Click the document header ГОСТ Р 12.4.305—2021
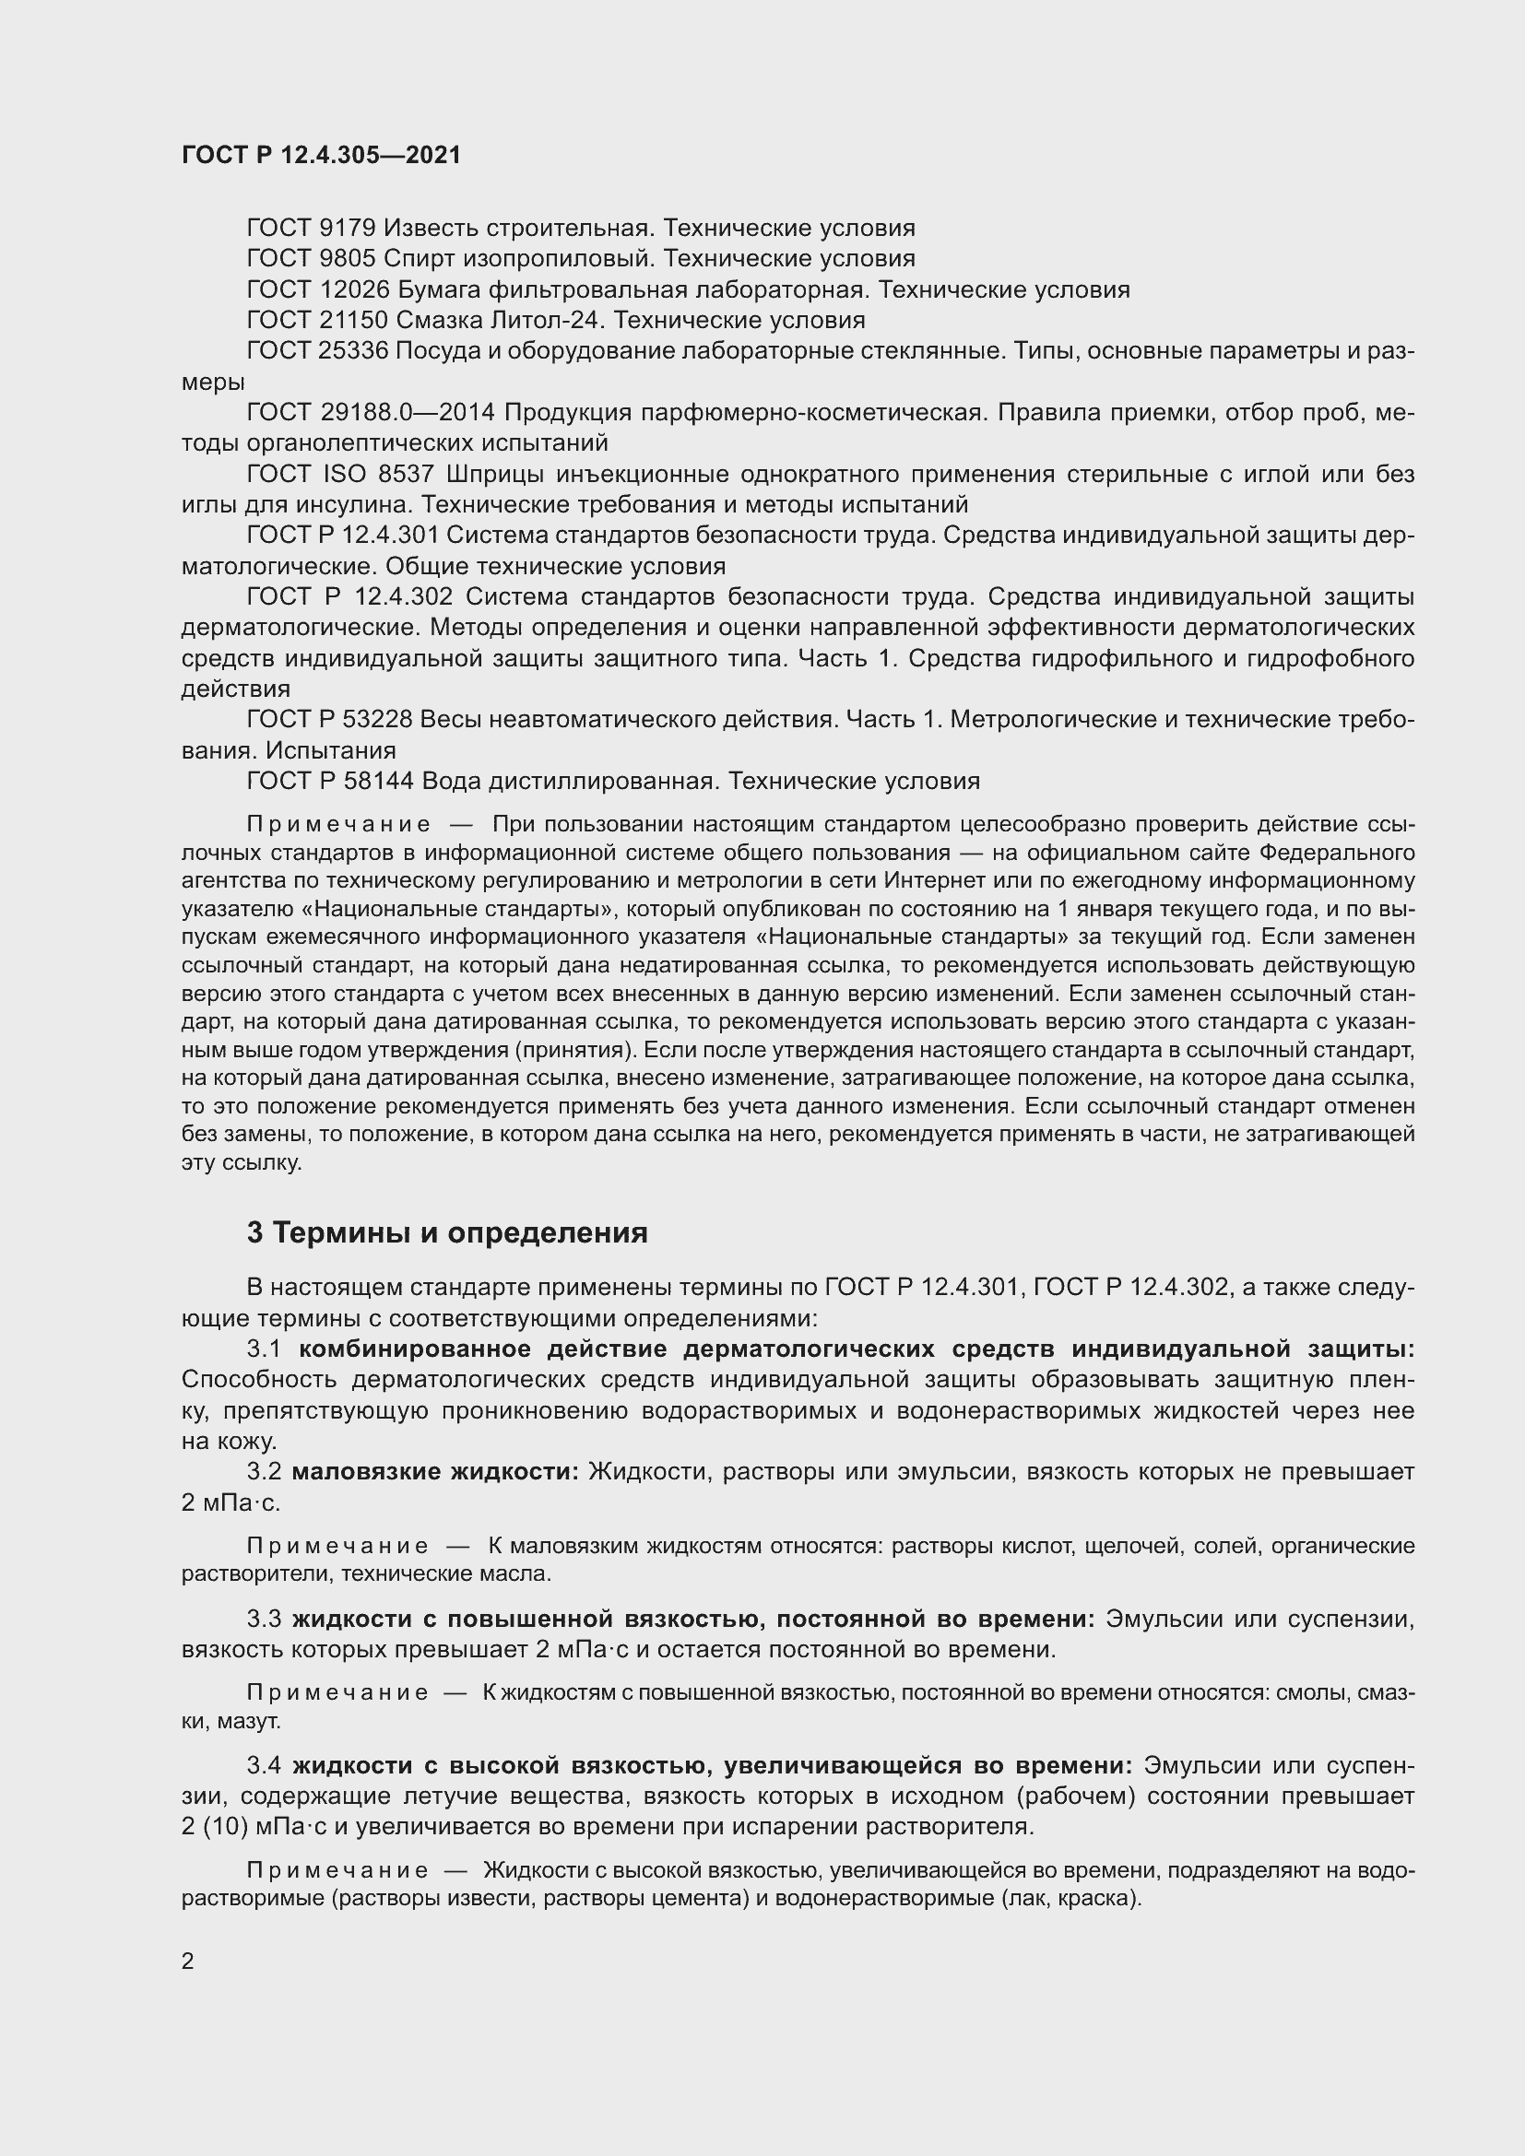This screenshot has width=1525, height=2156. (x=321, y=155)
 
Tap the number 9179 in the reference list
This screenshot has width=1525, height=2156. (x=348, y=229)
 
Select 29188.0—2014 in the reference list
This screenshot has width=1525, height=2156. (x=408, y=413)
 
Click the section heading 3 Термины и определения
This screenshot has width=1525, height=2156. (x=447, y=1233)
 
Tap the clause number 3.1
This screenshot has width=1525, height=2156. (x=264, y=1349)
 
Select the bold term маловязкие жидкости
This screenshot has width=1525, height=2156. (x=436, y=1471)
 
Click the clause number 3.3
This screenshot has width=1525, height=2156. (x=264, y=1619)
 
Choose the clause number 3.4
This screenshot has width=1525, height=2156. (x=264, y=1765)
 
